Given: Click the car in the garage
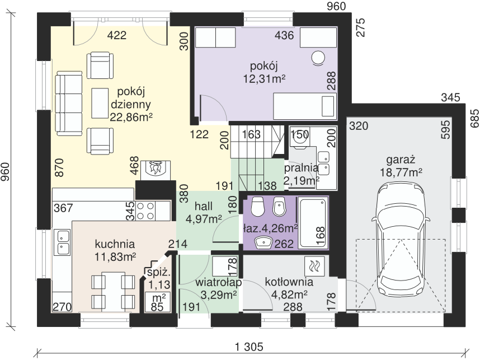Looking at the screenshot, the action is click(401, 240).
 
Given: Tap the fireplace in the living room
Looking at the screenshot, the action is click(156, 170).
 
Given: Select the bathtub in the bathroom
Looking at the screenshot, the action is click(313, 223).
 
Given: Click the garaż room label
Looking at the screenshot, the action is click(401, 160).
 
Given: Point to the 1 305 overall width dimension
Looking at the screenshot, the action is click(249, 347).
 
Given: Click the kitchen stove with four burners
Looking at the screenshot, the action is click(145, 211).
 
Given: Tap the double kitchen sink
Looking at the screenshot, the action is click(62, 242).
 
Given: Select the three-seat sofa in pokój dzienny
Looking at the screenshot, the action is click(69, 103).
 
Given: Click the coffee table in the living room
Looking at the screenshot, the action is click(100, 103).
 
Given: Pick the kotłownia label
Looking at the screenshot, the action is click(289, 282).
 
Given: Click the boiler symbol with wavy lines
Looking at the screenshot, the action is click(314, 266).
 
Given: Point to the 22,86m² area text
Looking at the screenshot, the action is click(131, 117).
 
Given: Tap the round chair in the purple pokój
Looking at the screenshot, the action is click(318, 58).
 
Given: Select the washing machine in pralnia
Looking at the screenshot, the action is click(299, 137).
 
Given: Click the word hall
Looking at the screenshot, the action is click(204, 206).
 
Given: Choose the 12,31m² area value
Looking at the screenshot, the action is click(265, 79).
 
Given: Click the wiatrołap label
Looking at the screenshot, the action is click(219, 282).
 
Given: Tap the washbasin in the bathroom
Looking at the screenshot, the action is click(263, 242).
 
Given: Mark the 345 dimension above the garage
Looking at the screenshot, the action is click(450, 97).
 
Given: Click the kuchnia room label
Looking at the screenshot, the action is click(115, 244).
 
